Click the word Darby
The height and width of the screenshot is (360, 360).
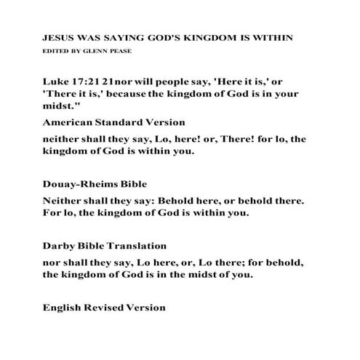point(58,247)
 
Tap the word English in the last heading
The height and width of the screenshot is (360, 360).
point(63,308)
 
